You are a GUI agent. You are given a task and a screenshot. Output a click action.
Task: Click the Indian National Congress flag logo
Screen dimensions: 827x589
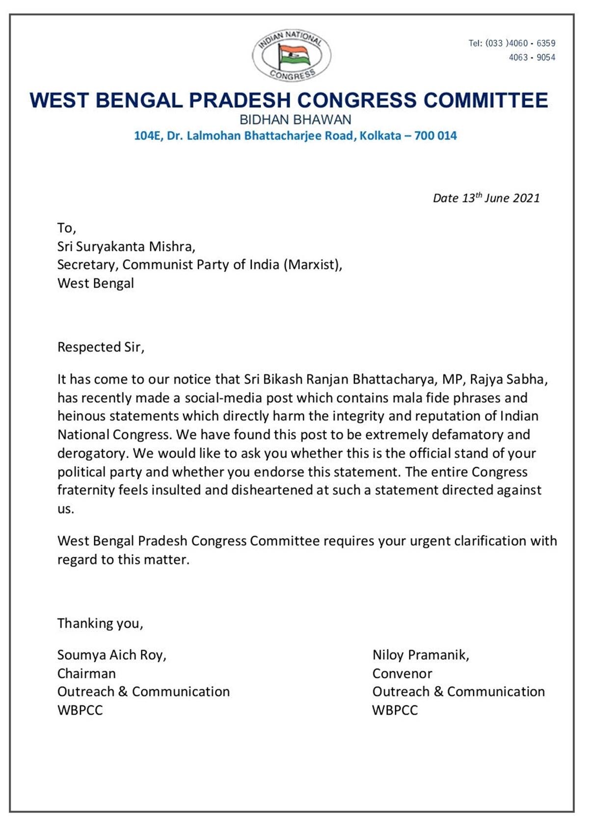292,55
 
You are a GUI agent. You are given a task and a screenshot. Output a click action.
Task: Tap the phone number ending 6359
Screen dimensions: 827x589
512,43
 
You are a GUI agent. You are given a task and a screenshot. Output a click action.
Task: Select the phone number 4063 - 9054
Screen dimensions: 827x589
532,57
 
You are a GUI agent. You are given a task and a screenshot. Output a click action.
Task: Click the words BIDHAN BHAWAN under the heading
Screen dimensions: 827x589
295,120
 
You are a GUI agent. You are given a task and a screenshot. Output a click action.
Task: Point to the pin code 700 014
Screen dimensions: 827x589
435,136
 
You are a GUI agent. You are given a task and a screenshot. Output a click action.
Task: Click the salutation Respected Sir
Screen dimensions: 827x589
101,347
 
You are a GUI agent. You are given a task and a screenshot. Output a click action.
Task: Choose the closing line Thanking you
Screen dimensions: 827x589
100,623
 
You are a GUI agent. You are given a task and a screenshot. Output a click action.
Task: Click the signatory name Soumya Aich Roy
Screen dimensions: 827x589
111,655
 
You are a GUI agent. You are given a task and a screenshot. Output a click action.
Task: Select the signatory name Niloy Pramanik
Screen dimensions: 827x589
421,655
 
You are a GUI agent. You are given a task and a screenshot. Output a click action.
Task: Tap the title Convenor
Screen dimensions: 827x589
402,674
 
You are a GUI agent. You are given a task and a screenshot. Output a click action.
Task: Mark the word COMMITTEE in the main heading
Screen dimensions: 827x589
485,101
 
